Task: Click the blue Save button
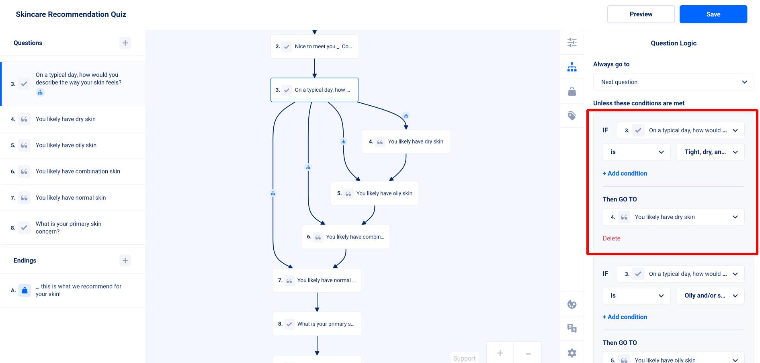pos(713,14)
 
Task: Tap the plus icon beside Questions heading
pos(125,43)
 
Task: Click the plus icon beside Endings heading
pos(125,260)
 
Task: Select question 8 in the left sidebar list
pos(72,228)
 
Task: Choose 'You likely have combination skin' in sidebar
pos(72,171)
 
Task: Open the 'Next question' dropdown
pos(673,82)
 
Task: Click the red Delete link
pos(611,238)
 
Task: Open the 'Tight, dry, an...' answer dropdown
pos(711,152)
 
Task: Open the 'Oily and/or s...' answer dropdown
pos(711,295)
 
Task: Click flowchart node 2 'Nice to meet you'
pos(314,46)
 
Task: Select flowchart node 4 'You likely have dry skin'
pos(406,142)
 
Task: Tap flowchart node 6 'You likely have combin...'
pos(346,237)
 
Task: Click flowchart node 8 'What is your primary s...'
pos(317,324)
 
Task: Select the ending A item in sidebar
pos(72,290)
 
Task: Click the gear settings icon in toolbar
pos(572,353)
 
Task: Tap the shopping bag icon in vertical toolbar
pos(572,91)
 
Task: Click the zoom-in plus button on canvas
pos(500,353)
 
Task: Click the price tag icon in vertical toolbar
pos(572,116)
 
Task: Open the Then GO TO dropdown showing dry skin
pos(673,217)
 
